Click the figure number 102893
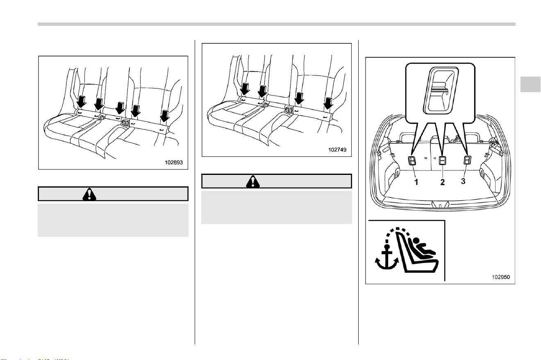point(174,162)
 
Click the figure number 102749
point(337,149)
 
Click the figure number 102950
point(501,277)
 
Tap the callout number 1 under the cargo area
point(416,182)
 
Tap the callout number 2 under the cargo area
point(442,182)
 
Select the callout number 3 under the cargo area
point(463,181)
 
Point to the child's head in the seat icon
point(416,241)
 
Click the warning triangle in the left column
point(89,194)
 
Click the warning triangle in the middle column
point(253,181)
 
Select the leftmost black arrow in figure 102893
point(82,102)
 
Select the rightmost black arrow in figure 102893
point(165,116)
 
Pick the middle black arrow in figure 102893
point(120,108)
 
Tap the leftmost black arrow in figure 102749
point(245,89)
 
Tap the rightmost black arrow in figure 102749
point(328,103)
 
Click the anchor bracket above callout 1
point(412,161)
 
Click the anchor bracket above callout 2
point(442,161)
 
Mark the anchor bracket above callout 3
point(467,160)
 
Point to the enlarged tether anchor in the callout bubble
point(441,90)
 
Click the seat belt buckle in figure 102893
point(125,122)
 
